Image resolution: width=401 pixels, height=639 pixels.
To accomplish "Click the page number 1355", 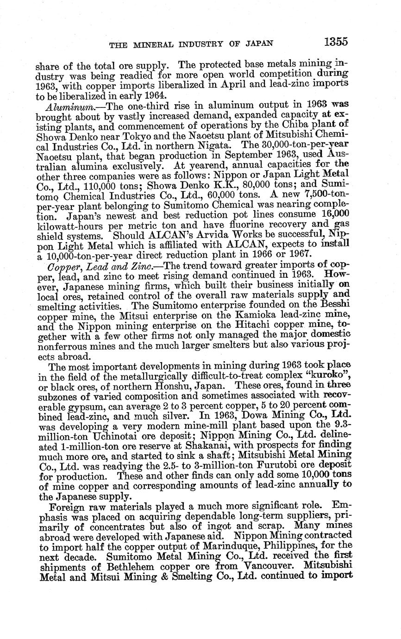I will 336,42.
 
